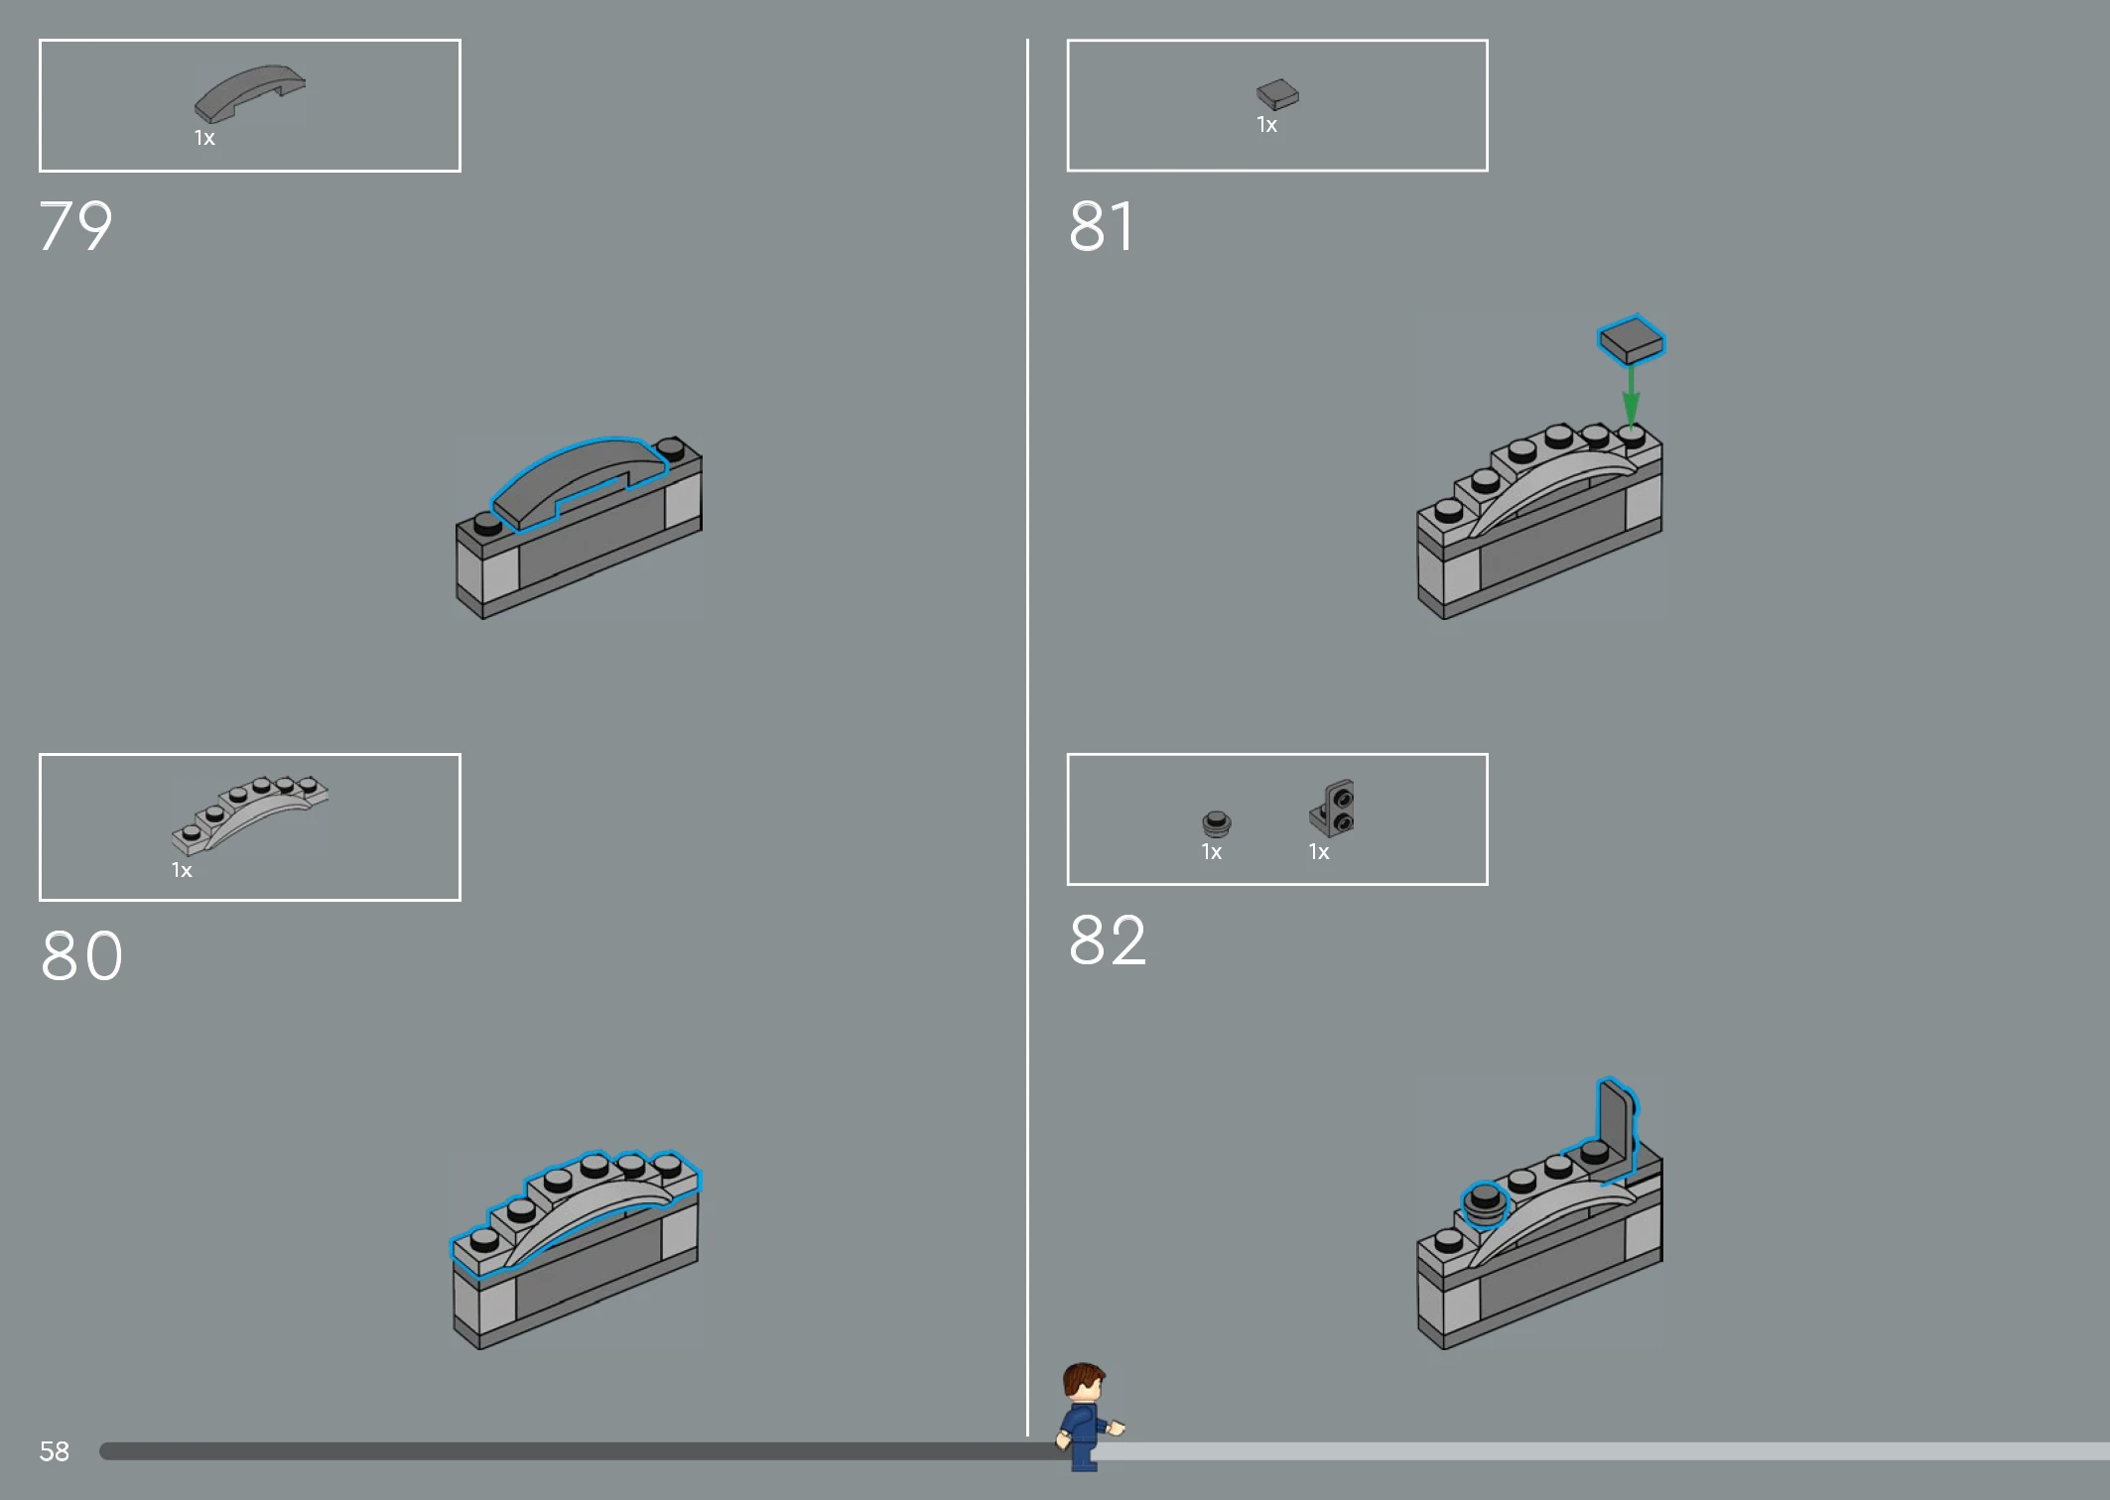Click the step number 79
[75, 226]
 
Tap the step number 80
[81, 956]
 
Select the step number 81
[1101, 226]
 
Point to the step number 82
[1107, 939]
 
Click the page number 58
[54, 1451]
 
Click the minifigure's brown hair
[1084, 1376]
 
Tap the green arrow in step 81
[1631, 395]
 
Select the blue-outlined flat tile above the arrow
[1631, 340]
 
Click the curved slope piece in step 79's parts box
[249, 93]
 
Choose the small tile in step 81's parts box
[1277, 94]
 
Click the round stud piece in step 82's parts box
[1216, 823]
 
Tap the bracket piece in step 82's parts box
[1332, 809]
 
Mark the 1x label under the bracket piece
[1318, 852]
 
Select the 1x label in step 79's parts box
[204, 138]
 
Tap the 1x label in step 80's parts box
[182, 870]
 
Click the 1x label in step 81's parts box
[1266, 125]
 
